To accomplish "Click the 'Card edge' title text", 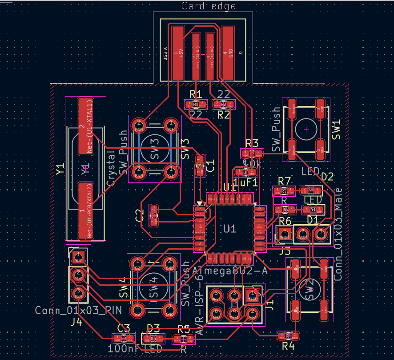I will click(x=209, y=6).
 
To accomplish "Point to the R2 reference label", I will click(x=224, y=115).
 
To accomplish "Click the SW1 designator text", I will click(x=337, y=129).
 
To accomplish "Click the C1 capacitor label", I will click(x=211, y=166).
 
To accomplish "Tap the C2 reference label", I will click(x=140, y=215).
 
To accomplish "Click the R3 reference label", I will click(x=252, y=143).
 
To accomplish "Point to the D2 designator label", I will click(x=327, y=177).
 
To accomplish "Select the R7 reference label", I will click(x=284, y=181).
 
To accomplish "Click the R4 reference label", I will click(x=288, y=346).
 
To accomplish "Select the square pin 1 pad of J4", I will click(x=78, y=257).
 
